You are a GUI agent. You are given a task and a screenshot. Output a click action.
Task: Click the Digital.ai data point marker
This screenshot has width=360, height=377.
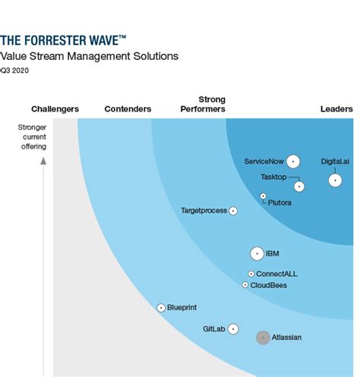tap(335, 180)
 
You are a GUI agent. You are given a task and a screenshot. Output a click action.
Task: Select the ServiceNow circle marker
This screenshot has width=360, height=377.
tap(293, 161)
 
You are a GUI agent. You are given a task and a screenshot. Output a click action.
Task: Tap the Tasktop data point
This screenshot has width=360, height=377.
tap(299, 186)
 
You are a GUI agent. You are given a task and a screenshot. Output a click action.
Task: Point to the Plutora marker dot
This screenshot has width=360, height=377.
tap(264, 196)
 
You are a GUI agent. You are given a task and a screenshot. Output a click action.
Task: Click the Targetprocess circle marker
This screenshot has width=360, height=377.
tap(233, 211)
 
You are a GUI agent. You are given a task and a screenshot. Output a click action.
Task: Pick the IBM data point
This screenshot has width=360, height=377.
tap(257, 253)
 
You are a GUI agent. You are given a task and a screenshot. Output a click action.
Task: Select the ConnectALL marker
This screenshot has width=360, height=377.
tap(251, 274)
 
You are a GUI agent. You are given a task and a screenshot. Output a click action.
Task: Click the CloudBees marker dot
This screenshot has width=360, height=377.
tap(245, 285)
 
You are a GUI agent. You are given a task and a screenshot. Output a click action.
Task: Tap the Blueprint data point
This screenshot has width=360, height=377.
tap(161, 307)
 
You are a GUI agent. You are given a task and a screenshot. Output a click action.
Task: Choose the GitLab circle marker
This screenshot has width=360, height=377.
tap(233, 329)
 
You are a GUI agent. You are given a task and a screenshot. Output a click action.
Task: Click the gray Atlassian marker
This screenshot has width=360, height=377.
tap(263, 337)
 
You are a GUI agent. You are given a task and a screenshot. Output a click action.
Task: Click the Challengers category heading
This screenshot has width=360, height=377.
tap(55, 109)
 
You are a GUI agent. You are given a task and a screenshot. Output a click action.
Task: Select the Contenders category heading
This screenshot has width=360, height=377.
tap(127, 109)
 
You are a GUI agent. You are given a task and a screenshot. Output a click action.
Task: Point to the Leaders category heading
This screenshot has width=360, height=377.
tap(336, 109)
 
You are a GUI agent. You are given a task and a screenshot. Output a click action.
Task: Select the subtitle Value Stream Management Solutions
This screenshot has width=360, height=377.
tap(89, 56)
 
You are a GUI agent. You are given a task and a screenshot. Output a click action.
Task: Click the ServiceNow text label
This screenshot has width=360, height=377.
tap(263, 161)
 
